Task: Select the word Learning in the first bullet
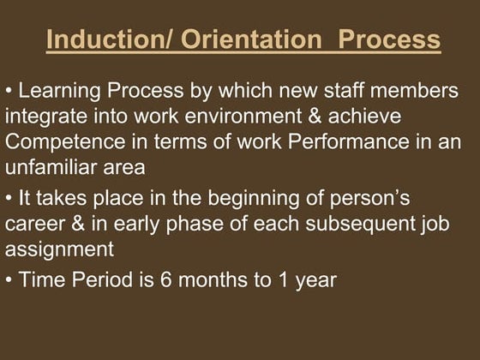pyautogui.click(x=57, y=91)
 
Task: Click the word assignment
pyautogui.click(x=59, y=250)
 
